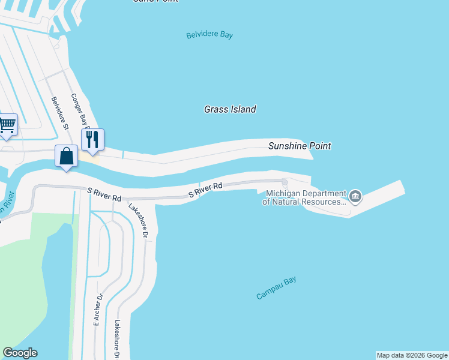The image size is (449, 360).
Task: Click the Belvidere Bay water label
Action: click(x=209, y=35)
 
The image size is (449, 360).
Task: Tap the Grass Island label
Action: click(x=230, y=109)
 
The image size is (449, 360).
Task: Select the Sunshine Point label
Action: click(x=300, y=146)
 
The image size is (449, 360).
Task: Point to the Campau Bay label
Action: click(x=277, y=288)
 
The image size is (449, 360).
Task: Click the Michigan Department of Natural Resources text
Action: click(x=304, y=198)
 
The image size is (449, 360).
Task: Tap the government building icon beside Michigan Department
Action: click(x=355, y=196)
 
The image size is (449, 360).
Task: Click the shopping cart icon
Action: click(x=7, y=125)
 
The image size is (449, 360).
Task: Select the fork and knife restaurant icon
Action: click(x=92, y=139)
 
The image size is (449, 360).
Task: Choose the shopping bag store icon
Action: click(x=67, y=156)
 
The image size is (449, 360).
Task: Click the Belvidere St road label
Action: click(x=61, y=113)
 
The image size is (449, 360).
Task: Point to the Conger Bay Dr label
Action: click(x=80, y=111)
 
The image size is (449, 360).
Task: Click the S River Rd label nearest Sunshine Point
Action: click(x=205, y=190)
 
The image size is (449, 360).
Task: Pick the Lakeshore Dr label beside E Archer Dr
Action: click(x=118, y=339)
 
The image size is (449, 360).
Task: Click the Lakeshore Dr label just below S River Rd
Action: click(x=138, y=221)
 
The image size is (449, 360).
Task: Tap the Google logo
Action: click(x=20, y=353)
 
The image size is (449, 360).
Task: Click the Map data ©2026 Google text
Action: click(x=412, y=355)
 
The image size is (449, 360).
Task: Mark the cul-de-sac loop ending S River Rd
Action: click(x=285, y=182)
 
